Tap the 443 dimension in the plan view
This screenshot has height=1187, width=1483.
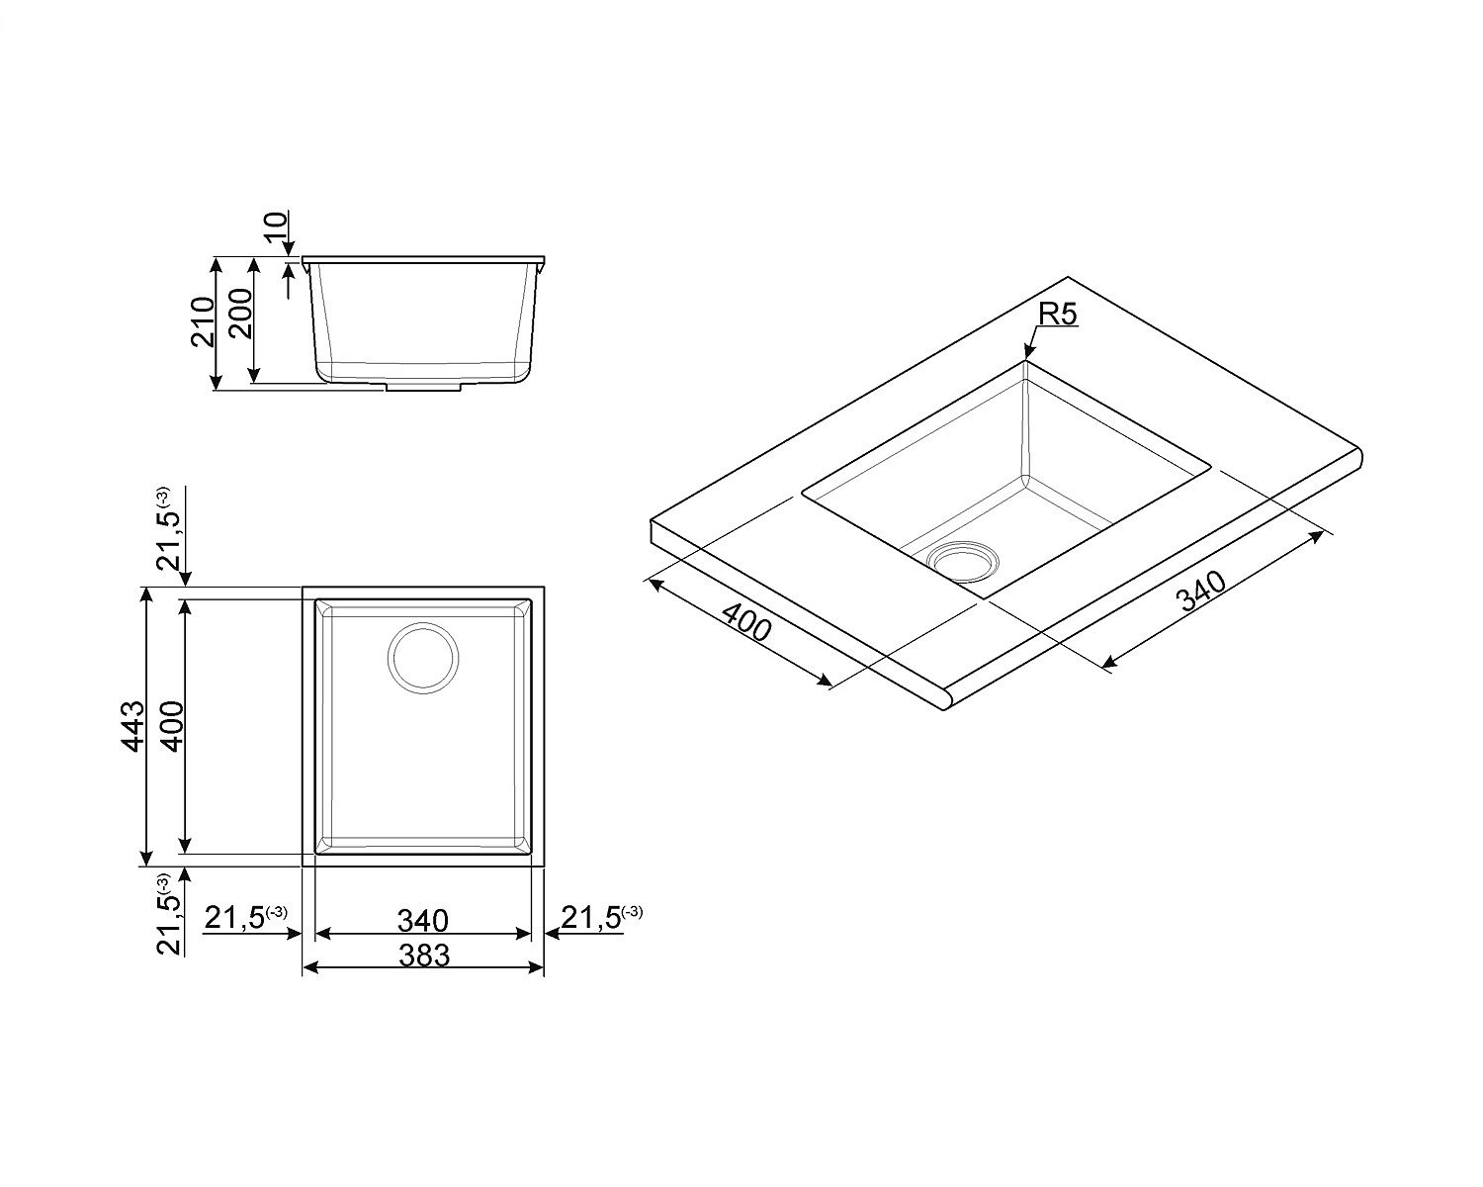(x=132, y=726)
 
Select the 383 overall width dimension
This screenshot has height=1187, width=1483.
(x=424, y=956)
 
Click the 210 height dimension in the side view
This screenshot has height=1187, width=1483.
(x=204, y=321)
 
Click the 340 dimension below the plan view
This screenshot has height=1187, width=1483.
(x=423, y=920)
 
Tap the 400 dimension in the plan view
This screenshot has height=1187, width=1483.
(x=172, y=726)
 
